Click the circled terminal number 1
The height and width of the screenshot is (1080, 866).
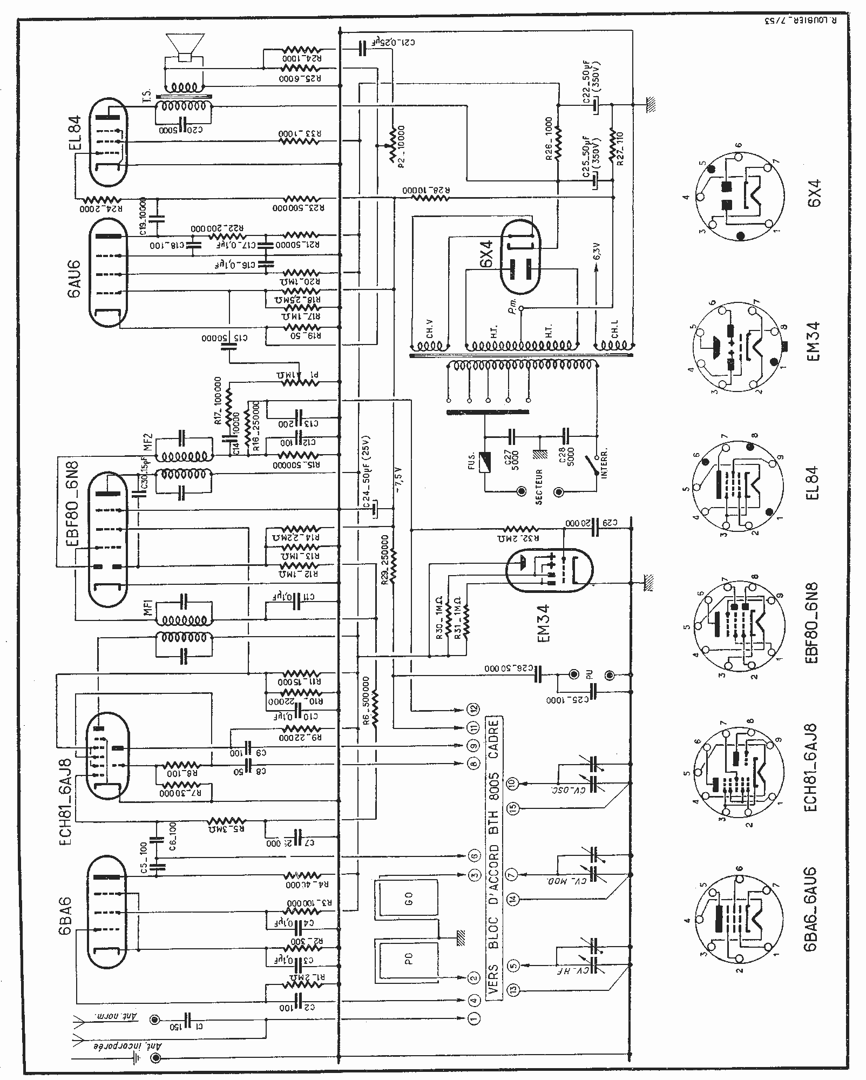(473, 1018)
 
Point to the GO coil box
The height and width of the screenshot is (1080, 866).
(409, 899)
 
